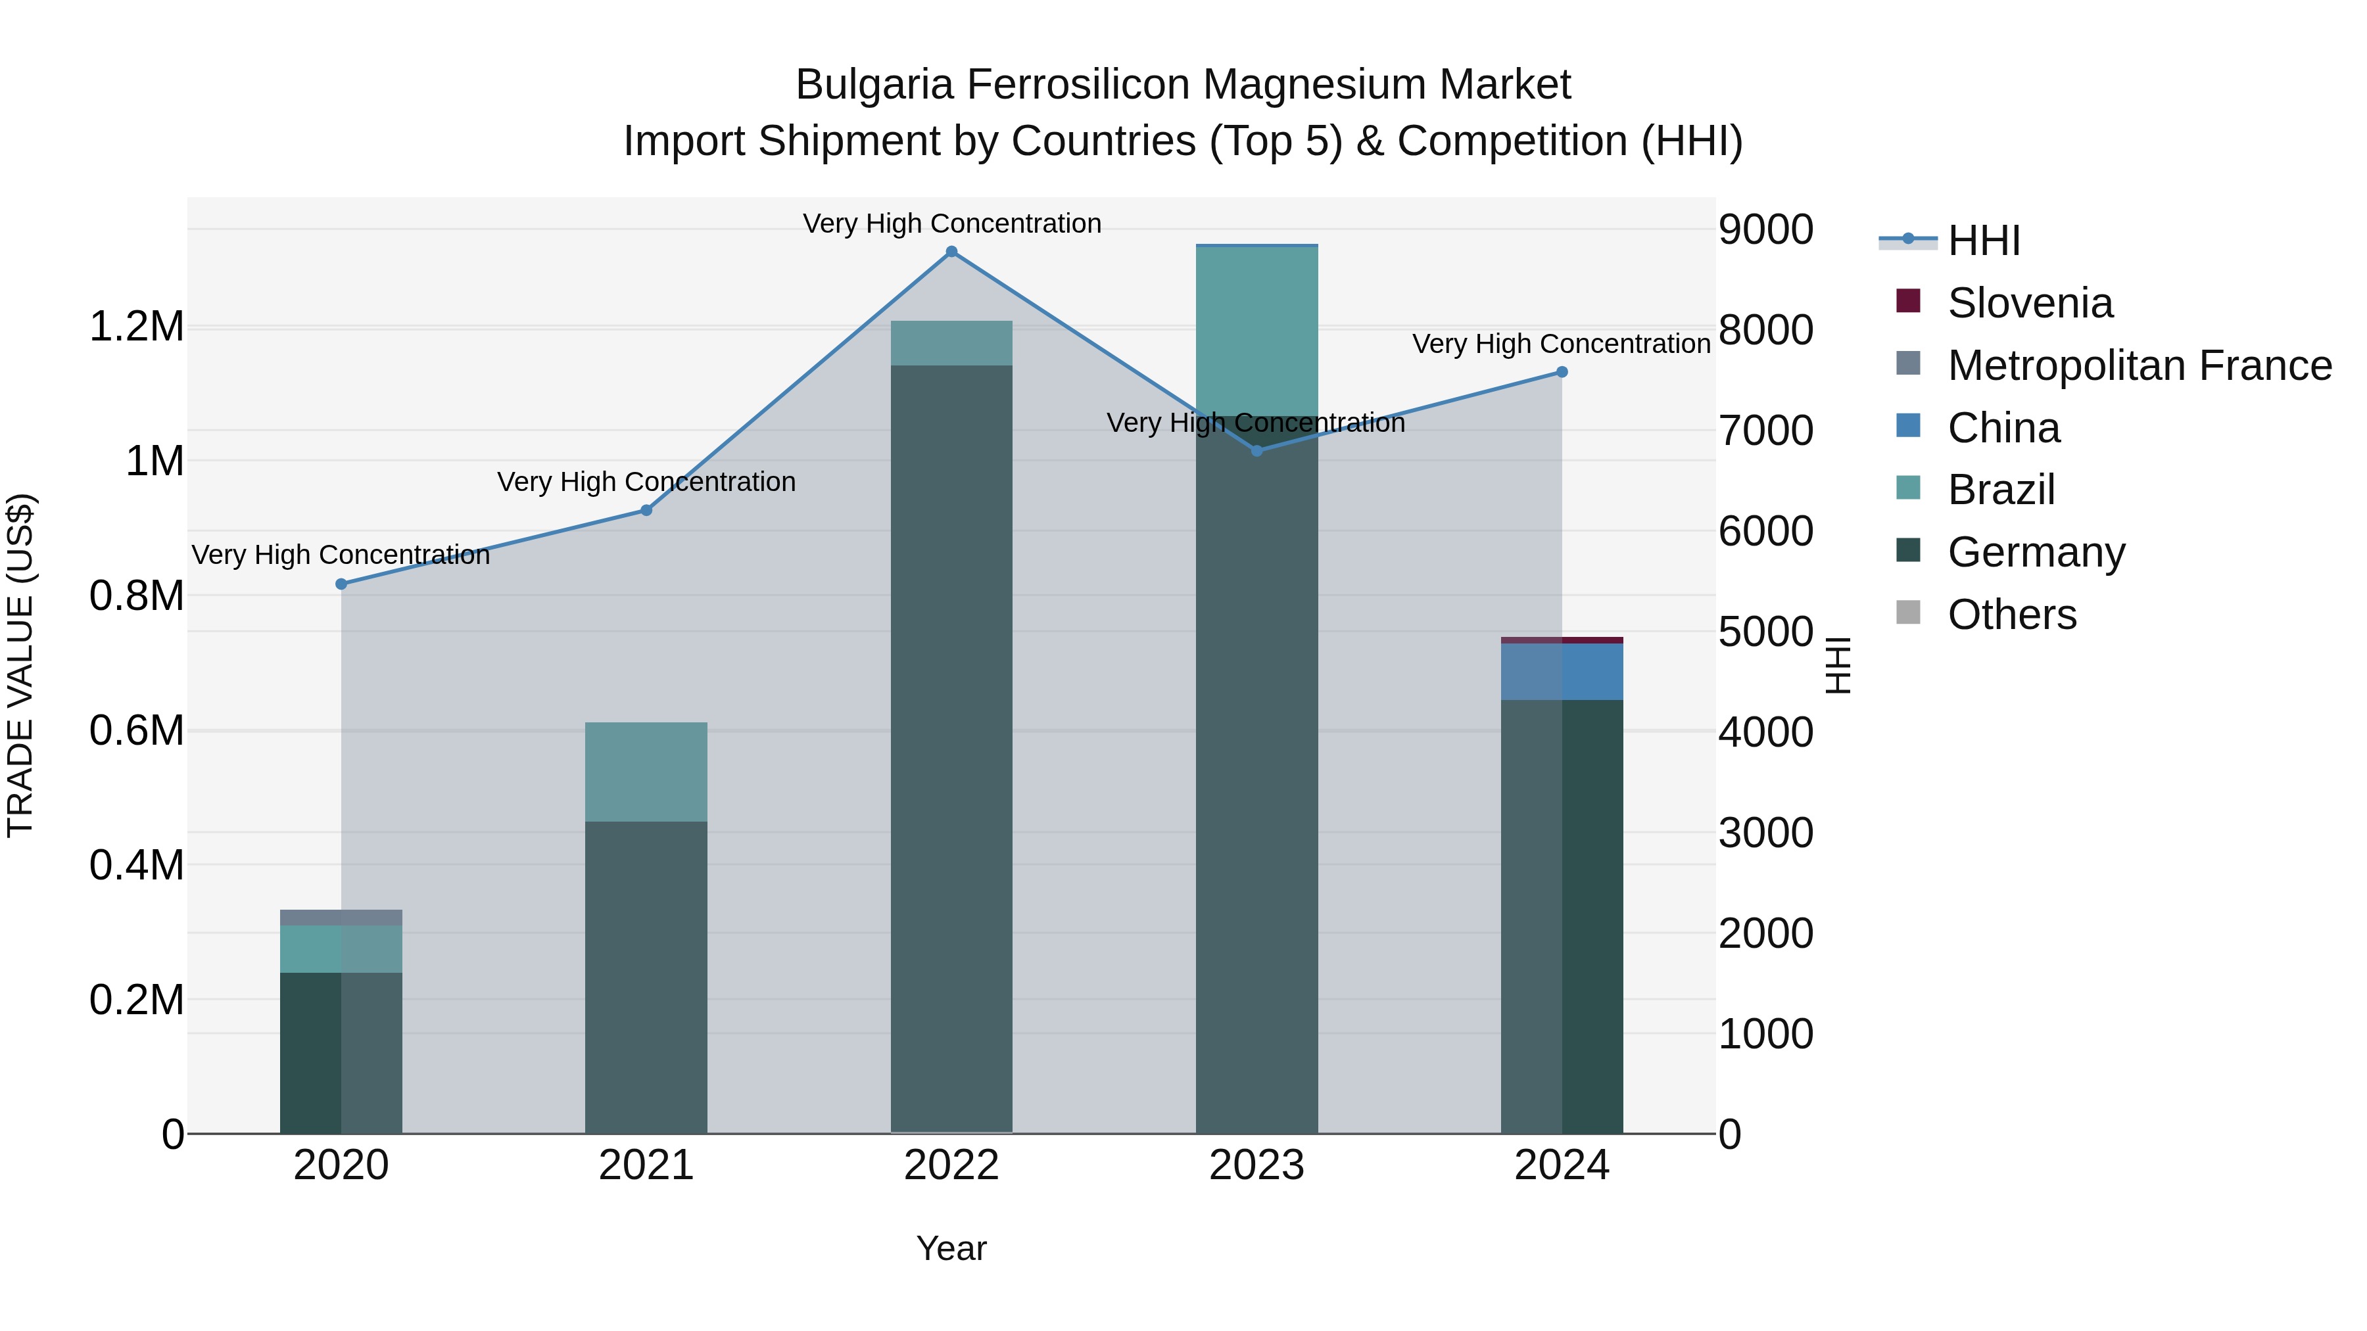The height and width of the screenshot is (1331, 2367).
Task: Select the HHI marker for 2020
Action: coord(341,584)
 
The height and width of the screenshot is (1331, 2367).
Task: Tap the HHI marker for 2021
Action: coord(646,510)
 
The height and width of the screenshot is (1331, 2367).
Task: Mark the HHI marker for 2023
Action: coord(1257,451)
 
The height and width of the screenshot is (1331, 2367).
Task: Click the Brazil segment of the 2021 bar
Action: coord(646,772)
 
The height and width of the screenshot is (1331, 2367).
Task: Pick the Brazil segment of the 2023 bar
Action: coord(1257,331)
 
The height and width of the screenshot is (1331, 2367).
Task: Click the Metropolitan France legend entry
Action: coord(2139,365)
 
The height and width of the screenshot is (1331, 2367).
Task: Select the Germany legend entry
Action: coord(2036,552)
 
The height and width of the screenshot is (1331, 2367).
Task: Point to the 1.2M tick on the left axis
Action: coord(136,327)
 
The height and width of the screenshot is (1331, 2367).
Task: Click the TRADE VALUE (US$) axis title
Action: coord(20,665)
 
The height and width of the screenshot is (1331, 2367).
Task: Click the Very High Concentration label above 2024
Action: coord(1561,344)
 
